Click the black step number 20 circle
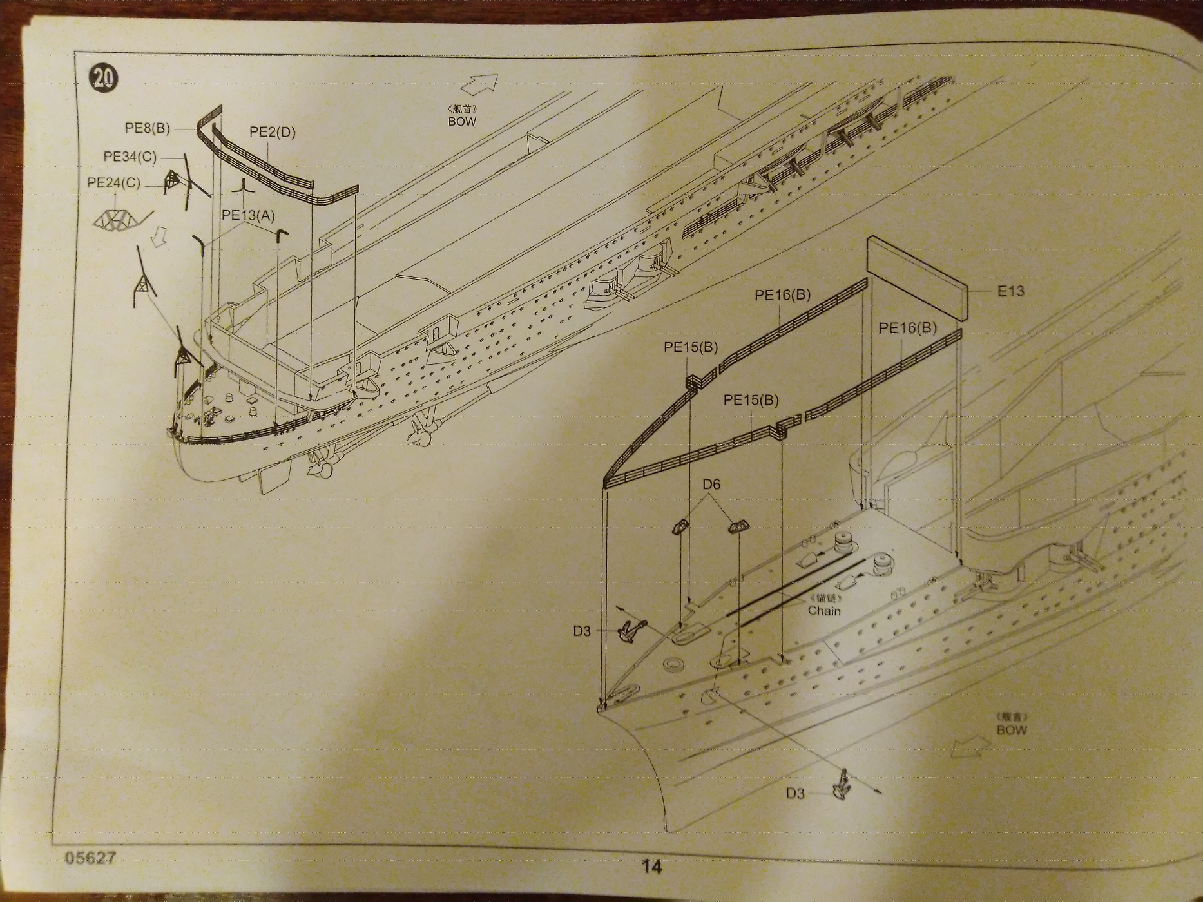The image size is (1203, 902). pos(104,78)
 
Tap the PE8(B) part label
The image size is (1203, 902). pos(148,128)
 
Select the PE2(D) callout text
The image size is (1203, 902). pos(272,133)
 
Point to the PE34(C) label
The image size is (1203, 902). pos(130,157)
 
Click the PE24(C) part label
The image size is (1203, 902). pos(113,183)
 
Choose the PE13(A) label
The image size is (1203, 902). pos(248,215)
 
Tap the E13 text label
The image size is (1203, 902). pos(1010,291)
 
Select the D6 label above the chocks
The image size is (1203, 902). pos(711,485)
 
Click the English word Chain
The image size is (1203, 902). pos(824,611)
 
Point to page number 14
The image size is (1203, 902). pos(651,867)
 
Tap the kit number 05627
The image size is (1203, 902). pos(90,858)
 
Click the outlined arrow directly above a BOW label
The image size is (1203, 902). pos(479,84)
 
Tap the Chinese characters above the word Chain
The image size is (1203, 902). pos(825,598)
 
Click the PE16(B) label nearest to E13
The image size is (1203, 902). pos(908,329)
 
